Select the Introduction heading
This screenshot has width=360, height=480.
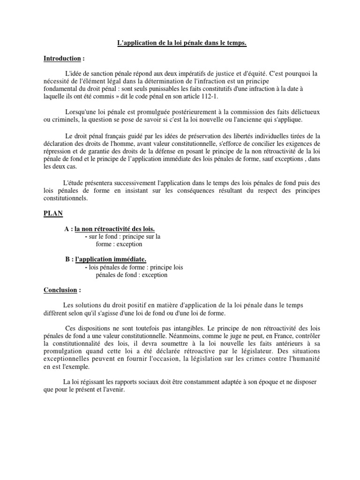(x=62, y=59)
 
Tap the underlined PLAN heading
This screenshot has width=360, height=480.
(x=53, y=213)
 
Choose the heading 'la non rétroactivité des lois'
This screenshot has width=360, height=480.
(x=114, y=229)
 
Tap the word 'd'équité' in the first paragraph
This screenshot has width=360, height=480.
(x=273, y=74)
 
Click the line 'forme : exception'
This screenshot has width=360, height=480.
(x=119, y=244)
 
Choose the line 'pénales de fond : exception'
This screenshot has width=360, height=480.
(x=131, y=275)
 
